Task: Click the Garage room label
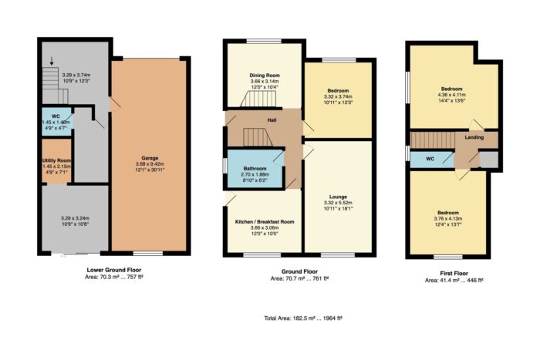coord(150,158)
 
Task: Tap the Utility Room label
coord(57,160)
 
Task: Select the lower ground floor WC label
coord(56,116)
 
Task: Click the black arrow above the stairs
coord(52,61)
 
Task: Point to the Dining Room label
coord(265,75)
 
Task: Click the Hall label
coord(272,120)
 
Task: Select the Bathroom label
coord(255,169)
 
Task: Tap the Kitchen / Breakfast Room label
coord(265,222)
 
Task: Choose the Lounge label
coord(338,197)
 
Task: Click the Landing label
coord(474,137)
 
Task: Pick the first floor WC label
coord(430,159)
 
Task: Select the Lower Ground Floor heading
coord(114,270)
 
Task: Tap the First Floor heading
coord(454,273)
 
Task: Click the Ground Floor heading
coord(299,271)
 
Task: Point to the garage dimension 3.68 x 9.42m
coord(150,164)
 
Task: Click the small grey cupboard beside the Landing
coord(489,160)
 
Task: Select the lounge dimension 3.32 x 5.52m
coord(338,203)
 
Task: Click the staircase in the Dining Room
coord(258,99)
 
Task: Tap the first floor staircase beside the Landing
coord(433,140)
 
